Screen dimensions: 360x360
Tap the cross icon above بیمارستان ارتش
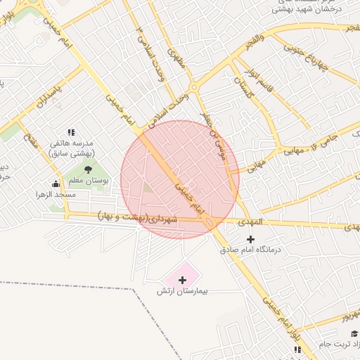coord(182,280)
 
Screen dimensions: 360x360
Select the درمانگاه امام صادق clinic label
coord(250,249)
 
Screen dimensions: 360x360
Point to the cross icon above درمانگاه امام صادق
coord(250,239)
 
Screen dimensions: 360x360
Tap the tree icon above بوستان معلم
coord(87,169)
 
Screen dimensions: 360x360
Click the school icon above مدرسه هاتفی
coord(70,132)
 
